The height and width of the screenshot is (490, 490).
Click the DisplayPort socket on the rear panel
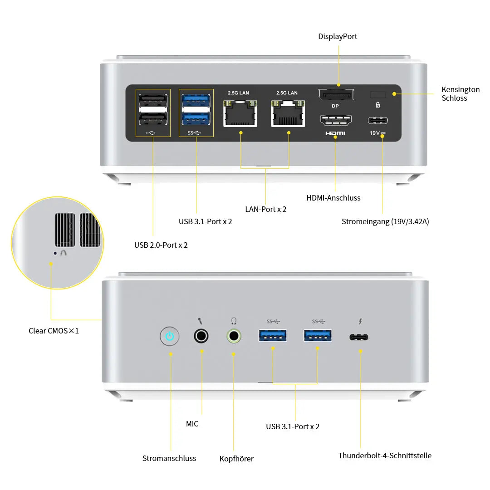point(336,95)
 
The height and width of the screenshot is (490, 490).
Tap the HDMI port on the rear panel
point(336,120)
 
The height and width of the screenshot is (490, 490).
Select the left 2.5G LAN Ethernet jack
point(240,113)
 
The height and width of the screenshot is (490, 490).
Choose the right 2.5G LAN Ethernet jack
point(288,113)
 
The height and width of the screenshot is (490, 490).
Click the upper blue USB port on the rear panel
point(196,100)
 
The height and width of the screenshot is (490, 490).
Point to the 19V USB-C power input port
point(378,121)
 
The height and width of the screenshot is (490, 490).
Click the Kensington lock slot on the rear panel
point(378,94)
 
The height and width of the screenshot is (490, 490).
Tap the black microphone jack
point(201,336)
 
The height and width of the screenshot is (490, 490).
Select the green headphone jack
point(234,336)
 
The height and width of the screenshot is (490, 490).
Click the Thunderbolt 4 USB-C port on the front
point(359,337)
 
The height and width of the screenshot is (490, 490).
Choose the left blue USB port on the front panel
point(273,336)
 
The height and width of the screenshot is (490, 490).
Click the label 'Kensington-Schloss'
point(461,94)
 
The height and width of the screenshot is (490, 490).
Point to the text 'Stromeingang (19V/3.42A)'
point(385,221)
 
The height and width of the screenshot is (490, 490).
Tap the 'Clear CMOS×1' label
point(54,331)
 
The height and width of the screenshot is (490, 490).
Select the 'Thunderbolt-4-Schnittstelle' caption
point(385,456)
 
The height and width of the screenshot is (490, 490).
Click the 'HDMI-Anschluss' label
point(333,198)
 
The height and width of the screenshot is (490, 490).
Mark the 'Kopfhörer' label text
point(236,459)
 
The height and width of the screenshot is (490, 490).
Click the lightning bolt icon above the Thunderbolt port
point(360,322)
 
